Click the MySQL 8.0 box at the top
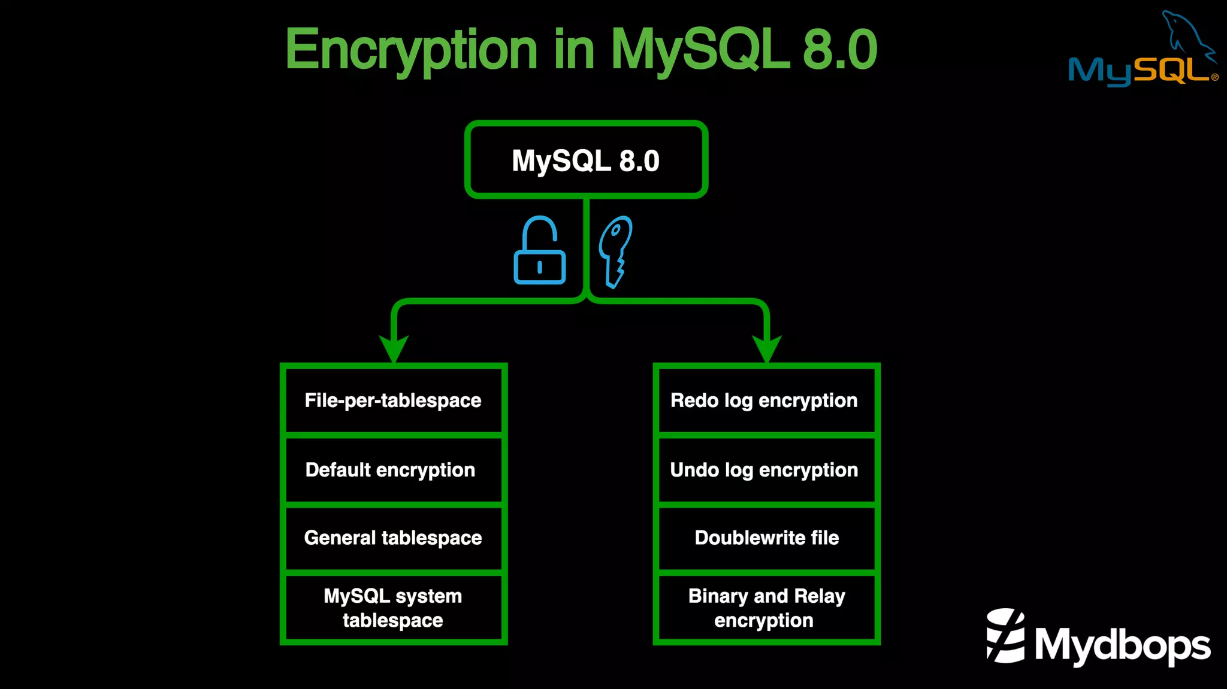coord(586,160)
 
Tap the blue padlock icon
coord(539,251)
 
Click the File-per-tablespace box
coord(393,400)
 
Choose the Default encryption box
coord(393,470)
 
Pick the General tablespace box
coord(393,538)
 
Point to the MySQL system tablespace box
coord(393,608)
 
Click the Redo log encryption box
coord(766,400)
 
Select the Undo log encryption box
coord(766,470)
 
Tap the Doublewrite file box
coord(766,538)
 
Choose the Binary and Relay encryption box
coord(766,608)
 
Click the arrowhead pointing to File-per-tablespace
coord(394,348)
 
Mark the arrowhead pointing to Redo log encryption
coord(767,348)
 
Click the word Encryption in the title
coord(411,50)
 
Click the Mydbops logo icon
coord(1005,636)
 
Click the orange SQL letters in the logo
coord(1171,71)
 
